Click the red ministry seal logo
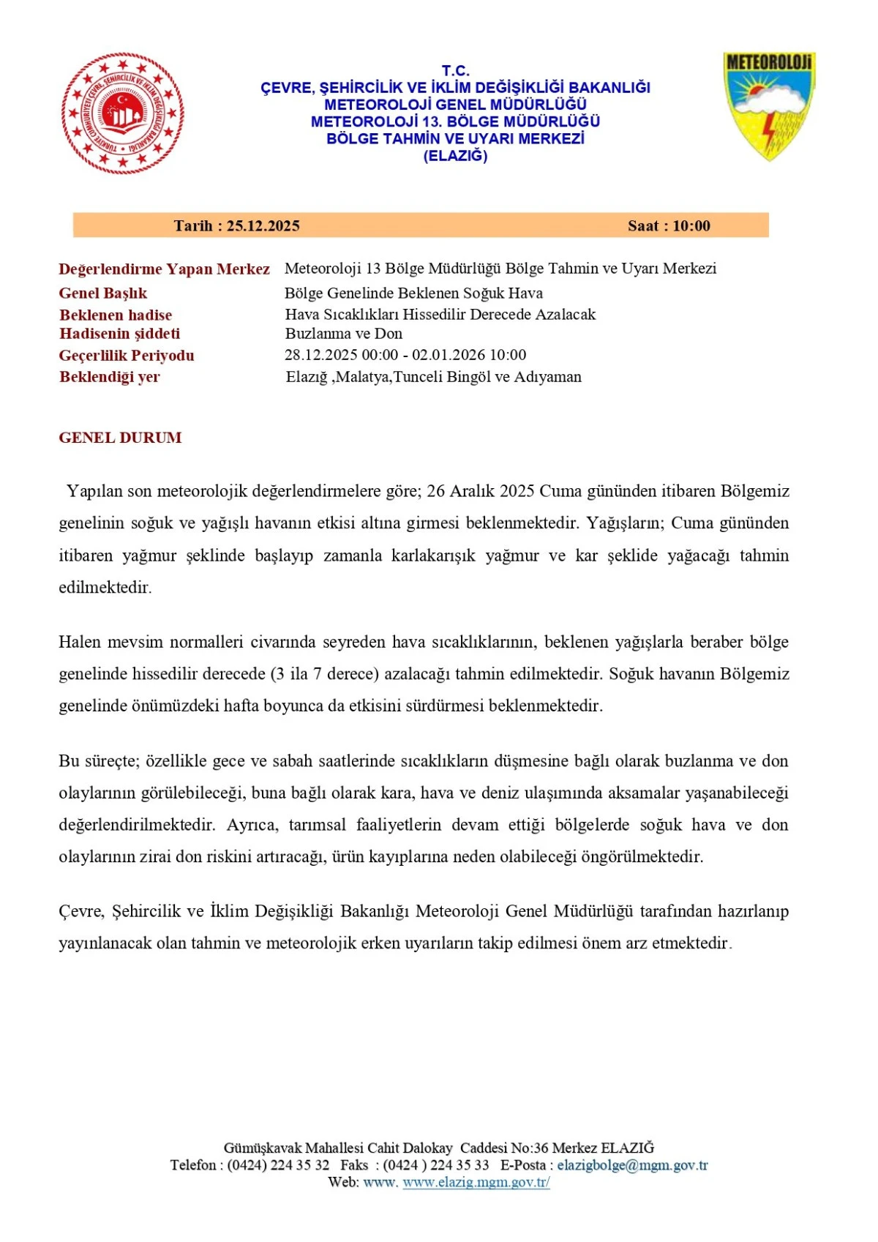(x=122, y=113)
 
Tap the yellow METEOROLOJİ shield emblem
(x=769, y=105)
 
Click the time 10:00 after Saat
(x=691, y=226)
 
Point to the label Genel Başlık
(x=103, y=293)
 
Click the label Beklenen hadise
(x=116, y=315)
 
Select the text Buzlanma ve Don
(x=344, y=334)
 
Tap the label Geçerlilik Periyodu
(x=127, y=356)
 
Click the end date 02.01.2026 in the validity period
(x=449, y=355)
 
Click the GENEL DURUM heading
(x=120, y=438)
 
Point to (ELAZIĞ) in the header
(x=455, y=156)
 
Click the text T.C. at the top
(x=455, y=70)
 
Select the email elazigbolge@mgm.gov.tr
(x=632, y=1165)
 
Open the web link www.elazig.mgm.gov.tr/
(x=476, y=1182)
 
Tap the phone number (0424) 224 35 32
(x=278, y=1165)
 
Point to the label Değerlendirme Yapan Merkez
(x=164, y=269)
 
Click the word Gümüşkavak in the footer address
(x=262, y=1148)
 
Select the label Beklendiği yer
(x=109, y=377)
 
